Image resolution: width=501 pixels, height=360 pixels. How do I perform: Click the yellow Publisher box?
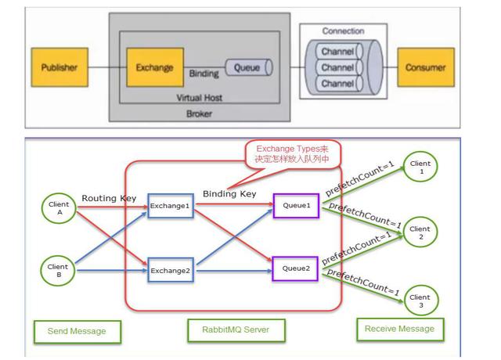click(x=59, y=67)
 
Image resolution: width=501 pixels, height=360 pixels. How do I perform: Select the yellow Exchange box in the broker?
click(x=155, y=67)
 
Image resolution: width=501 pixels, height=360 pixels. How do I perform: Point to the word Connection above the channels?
click(x=343, y=31)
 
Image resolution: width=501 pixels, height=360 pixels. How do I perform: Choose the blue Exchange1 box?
click(x=170, y=207)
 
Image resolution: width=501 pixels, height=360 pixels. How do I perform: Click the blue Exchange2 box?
click(x=170, y=271)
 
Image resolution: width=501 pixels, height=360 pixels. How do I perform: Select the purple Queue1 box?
click(x=295, y=206)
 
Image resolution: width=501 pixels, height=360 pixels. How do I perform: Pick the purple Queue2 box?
click(x=295, y=269)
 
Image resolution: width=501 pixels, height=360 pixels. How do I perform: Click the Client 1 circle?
click(x=420, y=167)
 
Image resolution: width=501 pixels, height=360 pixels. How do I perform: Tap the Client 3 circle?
click(x=420, y=301)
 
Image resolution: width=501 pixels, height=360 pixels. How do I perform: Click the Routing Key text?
click(x=109, y=199)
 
